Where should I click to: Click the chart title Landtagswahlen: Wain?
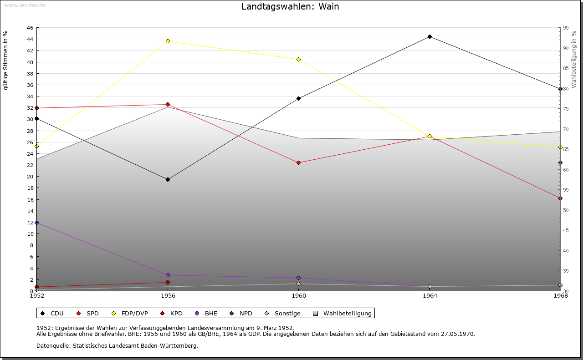point(290,7)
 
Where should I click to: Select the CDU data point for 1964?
point(430,37)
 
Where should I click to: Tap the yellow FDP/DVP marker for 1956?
point(168,41)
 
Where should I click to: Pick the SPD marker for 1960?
point(298,162)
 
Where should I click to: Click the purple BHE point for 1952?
point(36,223)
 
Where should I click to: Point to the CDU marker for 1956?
point(168,179)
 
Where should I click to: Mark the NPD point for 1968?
point(560,162)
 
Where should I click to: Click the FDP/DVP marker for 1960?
point(298,60)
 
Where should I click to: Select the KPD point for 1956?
point(168,282)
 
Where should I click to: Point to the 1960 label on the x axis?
point(298,296)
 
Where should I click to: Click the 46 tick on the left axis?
point(30,28)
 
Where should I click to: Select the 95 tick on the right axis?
point(566,28)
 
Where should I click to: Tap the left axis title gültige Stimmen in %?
point(6,60)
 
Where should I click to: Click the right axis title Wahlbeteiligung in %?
point(574,59)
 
